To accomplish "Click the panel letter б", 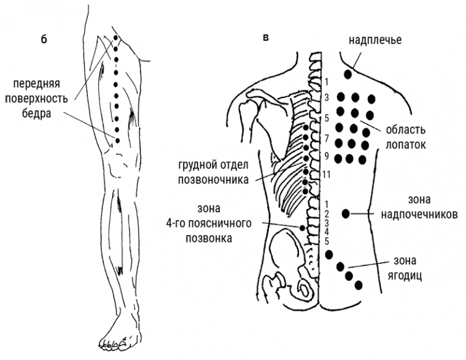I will click(42, 40).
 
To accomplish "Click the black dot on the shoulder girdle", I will click(348, 74).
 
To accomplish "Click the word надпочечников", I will click(418, 215).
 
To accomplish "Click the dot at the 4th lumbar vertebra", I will click(303, 227).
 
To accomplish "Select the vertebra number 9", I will click(326, 156).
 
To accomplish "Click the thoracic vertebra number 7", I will click(326, 138).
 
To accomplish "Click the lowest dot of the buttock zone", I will click(358, 286).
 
